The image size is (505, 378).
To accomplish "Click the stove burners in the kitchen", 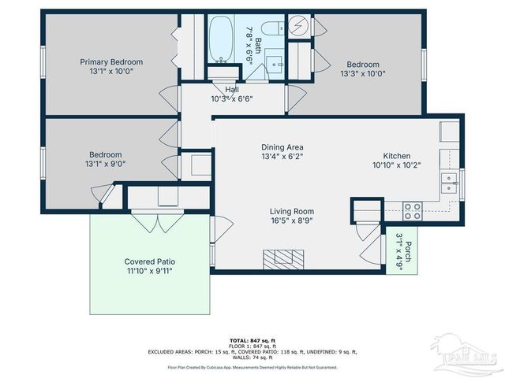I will tap(412, 210).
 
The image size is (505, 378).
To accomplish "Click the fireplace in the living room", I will tap(283, 259).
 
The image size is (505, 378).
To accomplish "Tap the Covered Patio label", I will tap(149, 261).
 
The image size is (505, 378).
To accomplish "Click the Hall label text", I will tap(231, 90).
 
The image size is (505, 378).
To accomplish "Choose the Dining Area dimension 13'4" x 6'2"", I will tap(282, 156).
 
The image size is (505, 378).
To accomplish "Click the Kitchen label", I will tap(397, 156).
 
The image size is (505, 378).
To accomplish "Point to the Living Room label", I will tap(292, 211).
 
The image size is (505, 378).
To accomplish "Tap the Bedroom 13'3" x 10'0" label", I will tap(362, 65).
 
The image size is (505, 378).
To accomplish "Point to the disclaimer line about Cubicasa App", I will tap(252, 367).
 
